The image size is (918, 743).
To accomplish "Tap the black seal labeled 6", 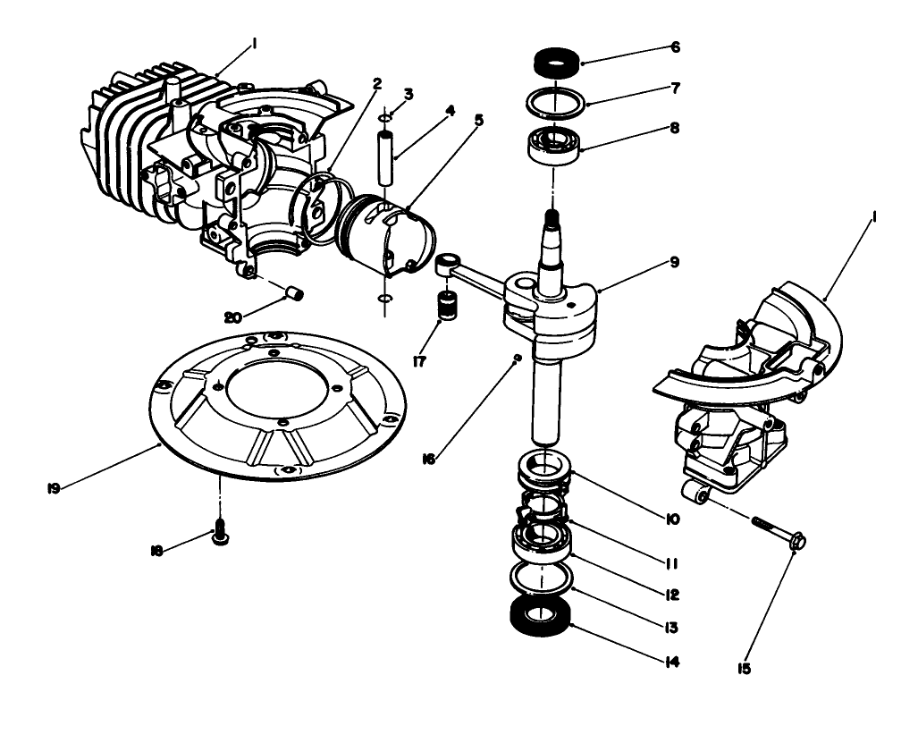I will tap(556, 63).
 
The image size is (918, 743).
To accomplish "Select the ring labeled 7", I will tap(556, 103).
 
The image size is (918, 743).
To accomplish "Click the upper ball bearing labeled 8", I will tap(554, 145).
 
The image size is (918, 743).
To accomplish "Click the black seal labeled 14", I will tap(540, 619).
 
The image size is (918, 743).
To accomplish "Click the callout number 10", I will tap(673, 519).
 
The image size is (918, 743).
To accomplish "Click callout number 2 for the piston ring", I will tap(377, 85).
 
